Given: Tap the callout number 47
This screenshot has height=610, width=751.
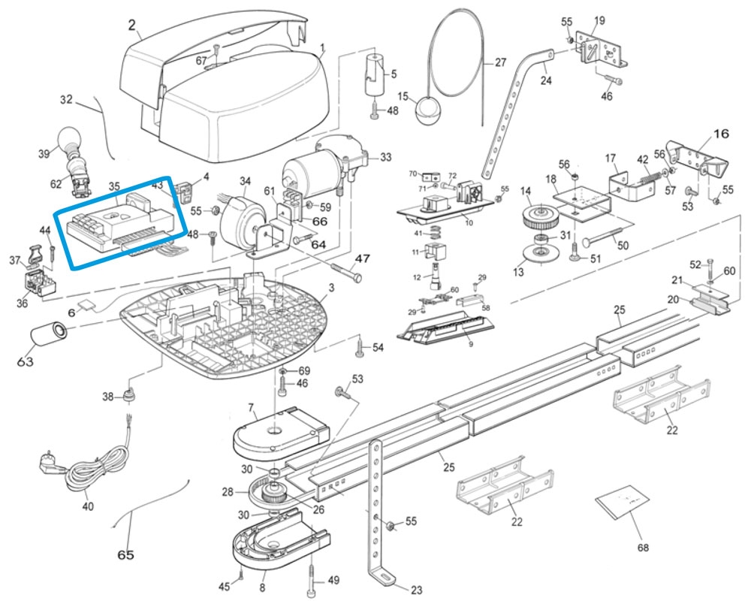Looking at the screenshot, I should pos(363,258).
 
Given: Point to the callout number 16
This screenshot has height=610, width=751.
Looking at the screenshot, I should pos(720,134).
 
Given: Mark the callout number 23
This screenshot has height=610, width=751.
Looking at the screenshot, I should pos(415,590).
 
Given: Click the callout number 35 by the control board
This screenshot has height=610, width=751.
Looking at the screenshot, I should pos(114,186).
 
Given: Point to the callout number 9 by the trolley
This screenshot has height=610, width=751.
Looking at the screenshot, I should pos(470,345).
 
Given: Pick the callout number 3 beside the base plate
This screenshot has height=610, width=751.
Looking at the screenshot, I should pos(331,288).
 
